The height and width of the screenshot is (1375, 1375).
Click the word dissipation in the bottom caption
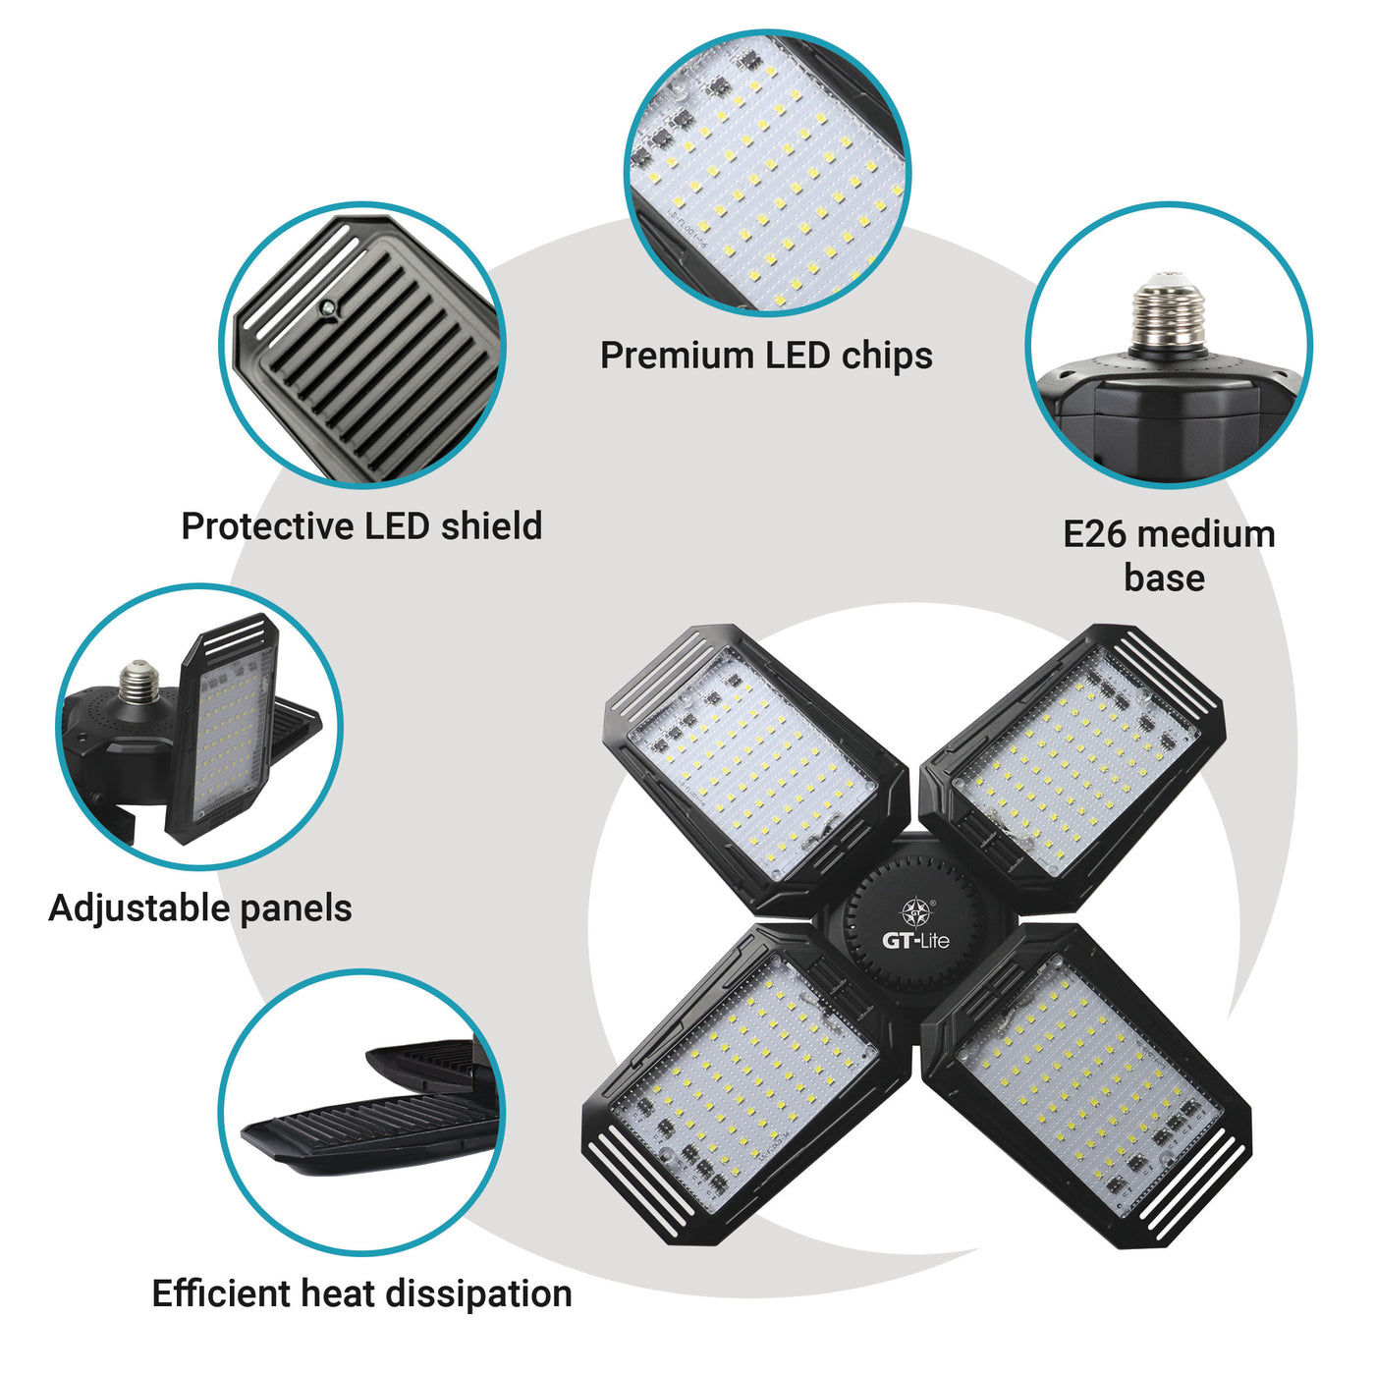(479, 1293)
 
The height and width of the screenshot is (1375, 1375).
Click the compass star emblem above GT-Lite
(915, 912)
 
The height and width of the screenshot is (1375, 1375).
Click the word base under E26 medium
(1164, 577)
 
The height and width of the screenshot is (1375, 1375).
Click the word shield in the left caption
(491, 526)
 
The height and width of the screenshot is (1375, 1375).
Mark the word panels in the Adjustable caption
(296, 907)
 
